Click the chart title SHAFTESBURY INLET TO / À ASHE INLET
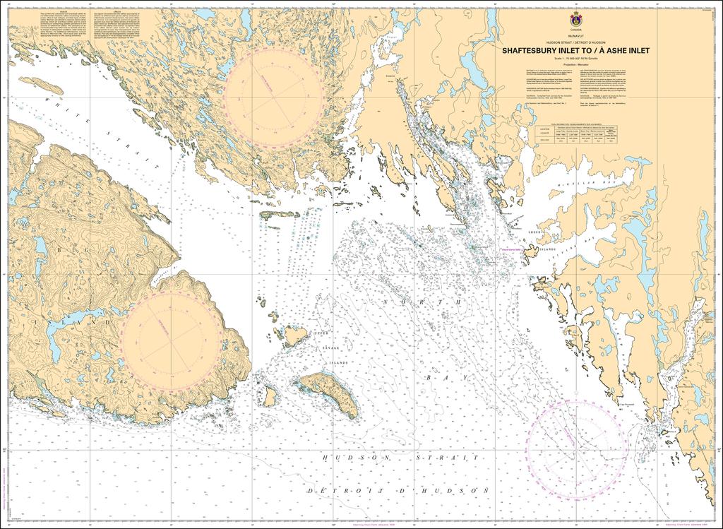(576, 51)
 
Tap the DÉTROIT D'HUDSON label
(399, 489)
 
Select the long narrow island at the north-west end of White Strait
(40, 86)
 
